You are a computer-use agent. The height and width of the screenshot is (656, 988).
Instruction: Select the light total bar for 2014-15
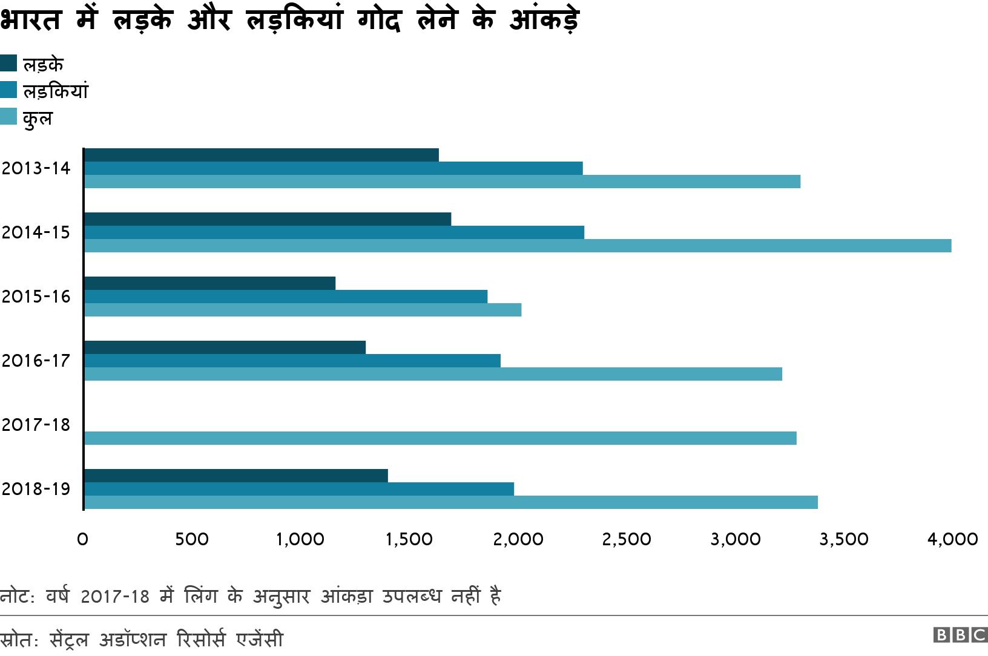(x=518, y=246)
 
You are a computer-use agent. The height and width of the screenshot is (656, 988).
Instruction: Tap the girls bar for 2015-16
(x=286, y=297)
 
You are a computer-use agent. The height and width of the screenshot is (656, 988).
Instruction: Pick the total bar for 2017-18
(x=440, y=438)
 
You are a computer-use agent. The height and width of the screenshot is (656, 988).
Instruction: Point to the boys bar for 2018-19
(x=236, y=476)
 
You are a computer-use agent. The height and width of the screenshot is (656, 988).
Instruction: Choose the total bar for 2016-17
(x=433, y=374)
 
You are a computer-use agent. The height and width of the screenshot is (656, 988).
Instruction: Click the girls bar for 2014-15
(x=334, y=232)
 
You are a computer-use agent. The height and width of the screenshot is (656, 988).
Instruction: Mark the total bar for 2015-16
(x=303, y=310)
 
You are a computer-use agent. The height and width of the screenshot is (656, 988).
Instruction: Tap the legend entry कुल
(x=38, y=117)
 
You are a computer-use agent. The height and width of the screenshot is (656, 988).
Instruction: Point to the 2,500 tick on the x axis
(x=627, y=539)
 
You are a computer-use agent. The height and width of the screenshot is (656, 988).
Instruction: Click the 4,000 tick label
(x=952, y=539)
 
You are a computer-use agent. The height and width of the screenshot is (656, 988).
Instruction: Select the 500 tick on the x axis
(x=192, y=539)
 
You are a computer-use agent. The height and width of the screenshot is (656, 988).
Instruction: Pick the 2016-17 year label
(x=36, y=361)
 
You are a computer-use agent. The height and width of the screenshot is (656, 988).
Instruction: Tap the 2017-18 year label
(x=36, y=425)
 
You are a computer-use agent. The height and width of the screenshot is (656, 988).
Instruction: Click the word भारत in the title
(x=31, y=20)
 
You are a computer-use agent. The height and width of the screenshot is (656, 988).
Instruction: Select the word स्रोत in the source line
(x=17, y=640)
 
